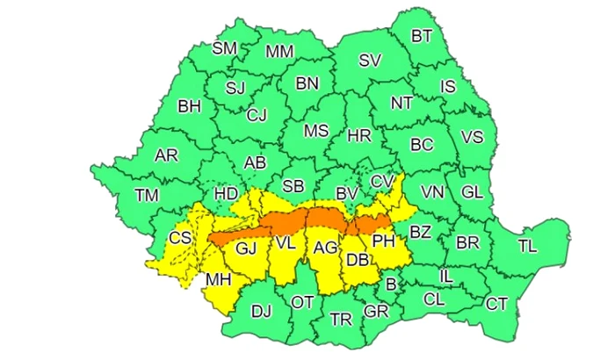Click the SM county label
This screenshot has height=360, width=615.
click(225, 47)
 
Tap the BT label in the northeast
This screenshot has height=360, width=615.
click(423, 36)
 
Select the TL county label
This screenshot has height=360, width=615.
click(527, 247)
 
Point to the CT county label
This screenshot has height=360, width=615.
click(497, 304)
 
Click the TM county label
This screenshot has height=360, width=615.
click(147, 194)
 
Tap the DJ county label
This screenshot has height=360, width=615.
click(262, 310)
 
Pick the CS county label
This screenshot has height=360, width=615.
click(180, 238)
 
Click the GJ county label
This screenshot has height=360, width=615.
click(245, 249)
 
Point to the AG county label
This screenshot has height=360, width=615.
click(325, 248)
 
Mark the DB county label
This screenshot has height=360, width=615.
click(357, 260)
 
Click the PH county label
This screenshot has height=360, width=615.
click(384, 239)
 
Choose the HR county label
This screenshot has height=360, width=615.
click(359, 136)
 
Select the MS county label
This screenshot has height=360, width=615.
click(315, 131)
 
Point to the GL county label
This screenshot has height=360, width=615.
click(472, 191)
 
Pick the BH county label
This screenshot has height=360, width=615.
click(189, 106)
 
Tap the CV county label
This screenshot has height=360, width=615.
click(382, 181)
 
